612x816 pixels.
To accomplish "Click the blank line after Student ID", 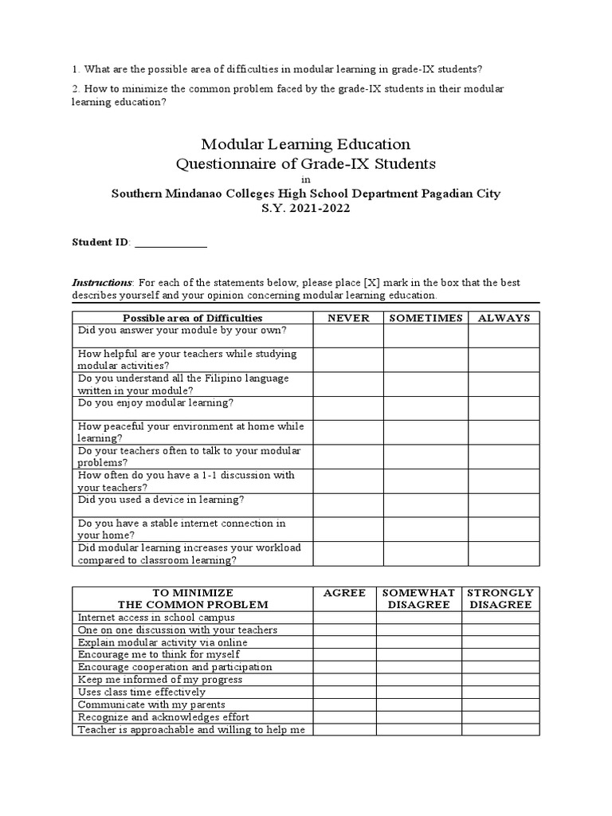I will coord(171,243).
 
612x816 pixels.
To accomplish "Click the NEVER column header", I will coord(347,317).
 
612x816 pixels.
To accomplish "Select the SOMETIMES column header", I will coord(425,317).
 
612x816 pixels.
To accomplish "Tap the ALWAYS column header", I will coord(504,317).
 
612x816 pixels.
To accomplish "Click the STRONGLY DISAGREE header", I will coord(500,598).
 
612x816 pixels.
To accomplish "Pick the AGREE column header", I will coord(344,593).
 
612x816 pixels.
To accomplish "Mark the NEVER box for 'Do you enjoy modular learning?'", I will coord(347,408).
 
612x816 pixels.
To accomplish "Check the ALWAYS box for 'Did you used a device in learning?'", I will coord(504,505).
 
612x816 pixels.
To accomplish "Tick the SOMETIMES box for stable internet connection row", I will coord(425,529).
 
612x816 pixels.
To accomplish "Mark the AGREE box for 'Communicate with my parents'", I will coord(344,704).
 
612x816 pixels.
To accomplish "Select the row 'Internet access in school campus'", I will coord(155,617).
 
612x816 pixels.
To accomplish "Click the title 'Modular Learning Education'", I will coord(306,144).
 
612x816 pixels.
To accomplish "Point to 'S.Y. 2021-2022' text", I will coord(306,208).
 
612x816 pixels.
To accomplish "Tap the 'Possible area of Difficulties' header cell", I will coord(192,317).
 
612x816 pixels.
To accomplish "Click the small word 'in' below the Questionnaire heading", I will coord(306,180).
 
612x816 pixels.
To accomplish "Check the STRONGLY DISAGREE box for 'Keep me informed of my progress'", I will coord(500,680).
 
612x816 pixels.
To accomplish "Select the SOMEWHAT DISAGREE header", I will coord(418,598).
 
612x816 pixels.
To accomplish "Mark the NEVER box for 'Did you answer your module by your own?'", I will coord(347,335).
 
